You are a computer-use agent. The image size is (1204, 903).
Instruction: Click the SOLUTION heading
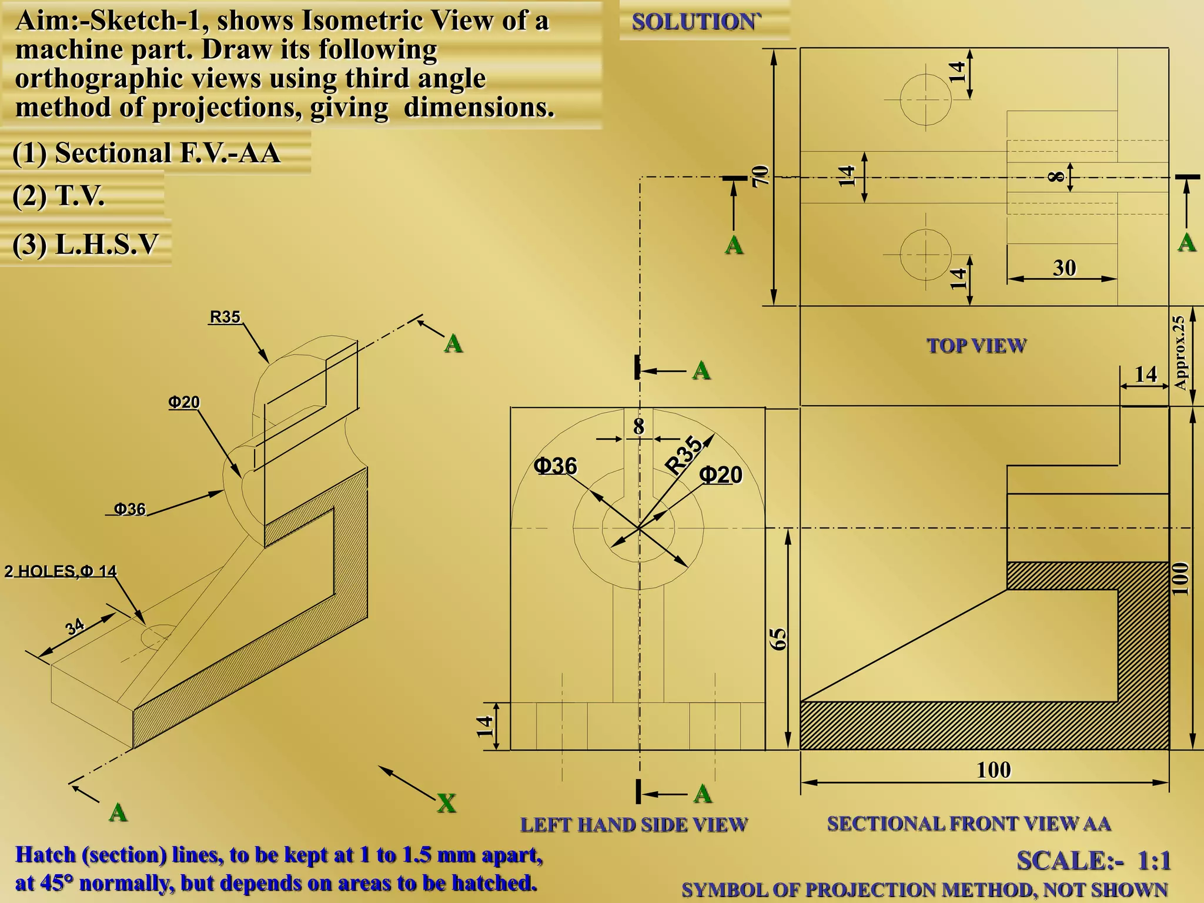click(695, 22)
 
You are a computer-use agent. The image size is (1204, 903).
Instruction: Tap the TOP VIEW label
click(976, 345)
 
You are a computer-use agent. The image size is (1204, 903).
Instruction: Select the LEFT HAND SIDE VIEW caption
click(633, 825)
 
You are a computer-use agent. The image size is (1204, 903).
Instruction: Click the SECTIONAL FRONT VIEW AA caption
click(969, 824)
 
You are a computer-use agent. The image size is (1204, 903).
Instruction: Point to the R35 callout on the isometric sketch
click(225, 317)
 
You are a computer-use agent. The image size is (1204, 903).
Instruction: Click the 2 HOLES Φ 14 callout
click(61, 571)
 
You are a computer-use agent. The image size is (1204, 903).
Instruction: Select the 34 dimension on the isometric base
click(75, 627)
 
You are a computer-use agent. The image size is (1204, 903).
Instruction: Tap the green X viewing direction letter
click(446, 803)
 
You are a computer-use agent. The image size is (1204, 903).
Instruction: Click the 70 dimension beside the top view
click(760, 175)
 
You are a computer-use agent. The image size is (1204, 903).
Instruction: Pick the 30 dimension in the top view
click(1064, 268)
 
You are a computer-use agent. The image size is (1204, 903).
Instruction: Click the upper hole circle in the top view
click(925, 99)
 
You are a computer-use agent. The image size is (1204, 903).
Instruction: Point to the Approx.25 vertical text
click(1179, 353)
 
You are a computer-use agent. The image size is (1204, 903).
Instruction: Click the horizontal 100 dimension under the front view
click(994, 770)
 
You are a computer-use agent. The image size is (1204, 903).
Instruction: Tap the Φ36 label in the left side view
click(555, 466)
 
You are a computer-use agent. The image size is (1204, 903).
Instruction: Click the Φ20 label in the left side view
click(721, 475)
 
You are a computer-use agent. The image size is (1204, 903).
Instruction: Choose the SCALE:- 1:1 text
click(1093, 861)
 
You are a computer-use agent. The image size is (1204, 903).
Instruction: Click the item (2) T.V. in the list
click(58, 196)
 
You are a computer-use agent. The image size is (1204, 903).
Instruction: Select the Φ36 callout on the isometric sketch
click(129, 509)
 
